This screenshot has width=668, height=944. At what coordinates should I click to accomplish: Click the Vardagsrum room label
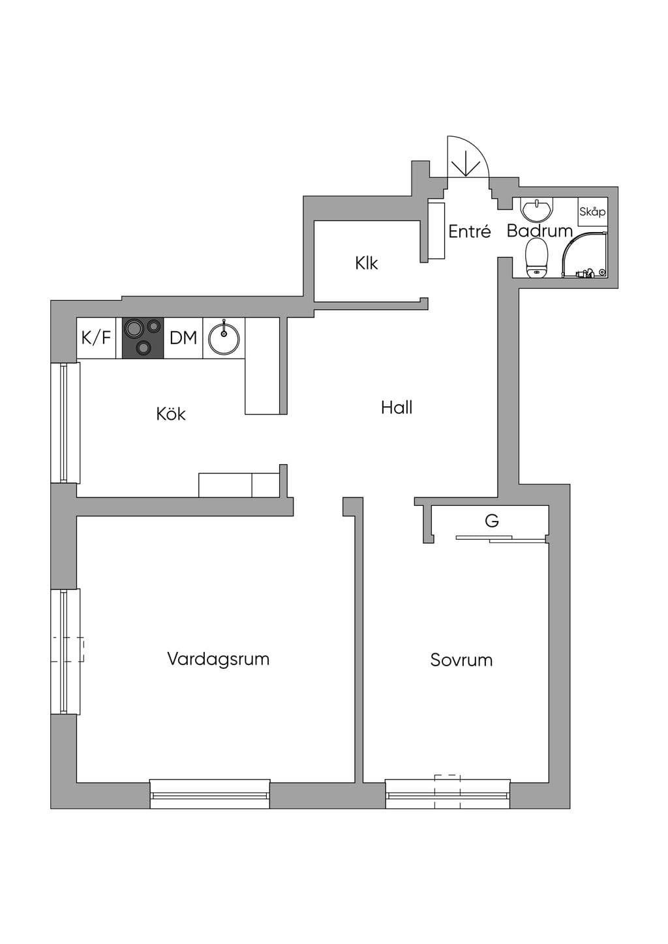[218, 659]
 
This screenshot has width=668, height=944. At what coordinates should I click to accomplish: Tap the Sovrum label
[461, 660]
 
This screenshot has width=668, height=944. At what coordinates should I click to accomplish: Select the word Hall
[397, 407]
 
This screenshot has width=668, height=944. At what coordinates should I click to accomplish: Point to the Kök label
[171, 413]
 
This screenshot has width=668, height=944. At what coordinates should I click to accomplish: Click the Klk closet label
[367, 263]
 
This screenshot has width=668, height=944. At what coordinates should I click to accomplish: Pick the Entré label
[470, 231]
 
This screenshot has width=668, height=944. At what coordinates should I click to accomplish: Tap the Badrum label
[539, 231]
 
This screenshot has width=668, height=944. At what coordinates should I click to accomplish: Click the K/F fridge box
[97, 338]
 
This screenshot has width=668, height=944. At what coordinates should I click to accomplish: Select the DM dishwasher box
[183, 338]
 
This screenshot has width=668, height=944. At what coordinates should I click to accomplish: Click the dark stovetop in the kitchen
[143, 338]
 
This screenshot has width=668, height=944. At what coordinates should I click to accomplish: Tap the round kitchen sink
[224, 338]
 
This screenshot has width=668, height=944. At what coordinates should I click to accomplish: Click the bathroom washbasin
[537, 209]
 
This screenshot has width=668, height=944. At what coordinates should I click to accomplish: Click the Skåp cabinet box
[592, 212]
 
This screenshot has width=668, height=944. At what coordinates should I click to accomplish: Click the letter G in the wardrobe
[492, 521]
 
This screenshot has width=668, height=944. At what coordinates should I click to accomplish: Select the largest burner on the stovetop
[135, 329]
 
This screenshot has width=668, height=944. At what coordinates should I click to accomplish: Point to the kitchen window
[65, 422]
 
